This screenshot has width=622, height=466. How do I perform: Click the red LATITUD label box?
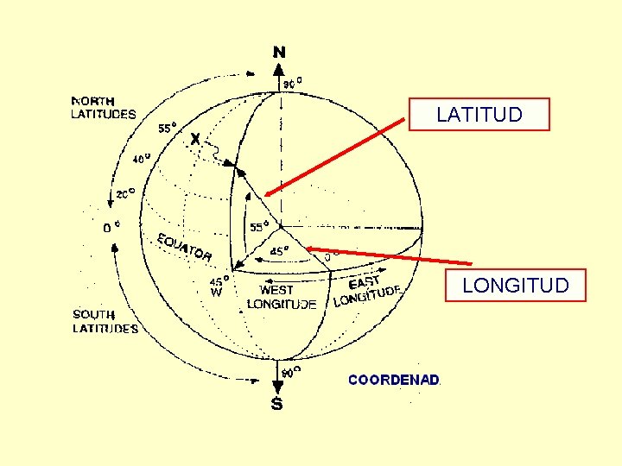click(x=479, y=114)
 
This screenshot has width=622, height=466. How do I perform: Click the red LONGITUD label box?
click(x=515, y=285)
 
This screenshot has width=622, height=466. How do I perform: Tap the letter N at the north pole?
click(x=279, y=53)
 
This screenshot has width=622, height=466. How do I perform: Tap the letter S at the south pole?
click(x=277, y=404)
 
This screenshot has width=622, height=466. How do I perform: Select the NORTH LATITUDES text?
click(x=103, y=107)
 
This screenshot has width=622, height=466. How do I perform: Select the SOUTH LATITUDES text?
click(x=105, y=321)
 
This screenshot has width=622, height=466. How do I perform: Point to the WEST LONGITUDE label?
click(x=282, y=297)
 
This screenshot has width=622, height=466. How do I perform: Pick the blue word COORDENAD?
click(x=394, y=379)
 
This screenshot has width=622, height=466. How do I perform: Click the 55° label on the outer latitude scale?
click(x=168, y=128)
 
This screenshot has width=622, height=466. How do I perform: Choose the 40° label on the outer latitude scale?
click(x=141, y=158)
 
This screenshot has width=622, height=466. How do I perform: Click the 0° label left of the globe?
click(x=111, y=228)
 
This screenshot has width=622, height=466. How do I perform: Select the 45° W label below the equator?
click(x=219, y=286)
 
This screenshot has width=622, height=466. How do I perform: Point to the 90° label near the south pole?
click(x=292, y=372)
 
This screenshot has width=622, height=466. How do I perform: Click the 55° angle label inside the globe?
click(x=259, y=227)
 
